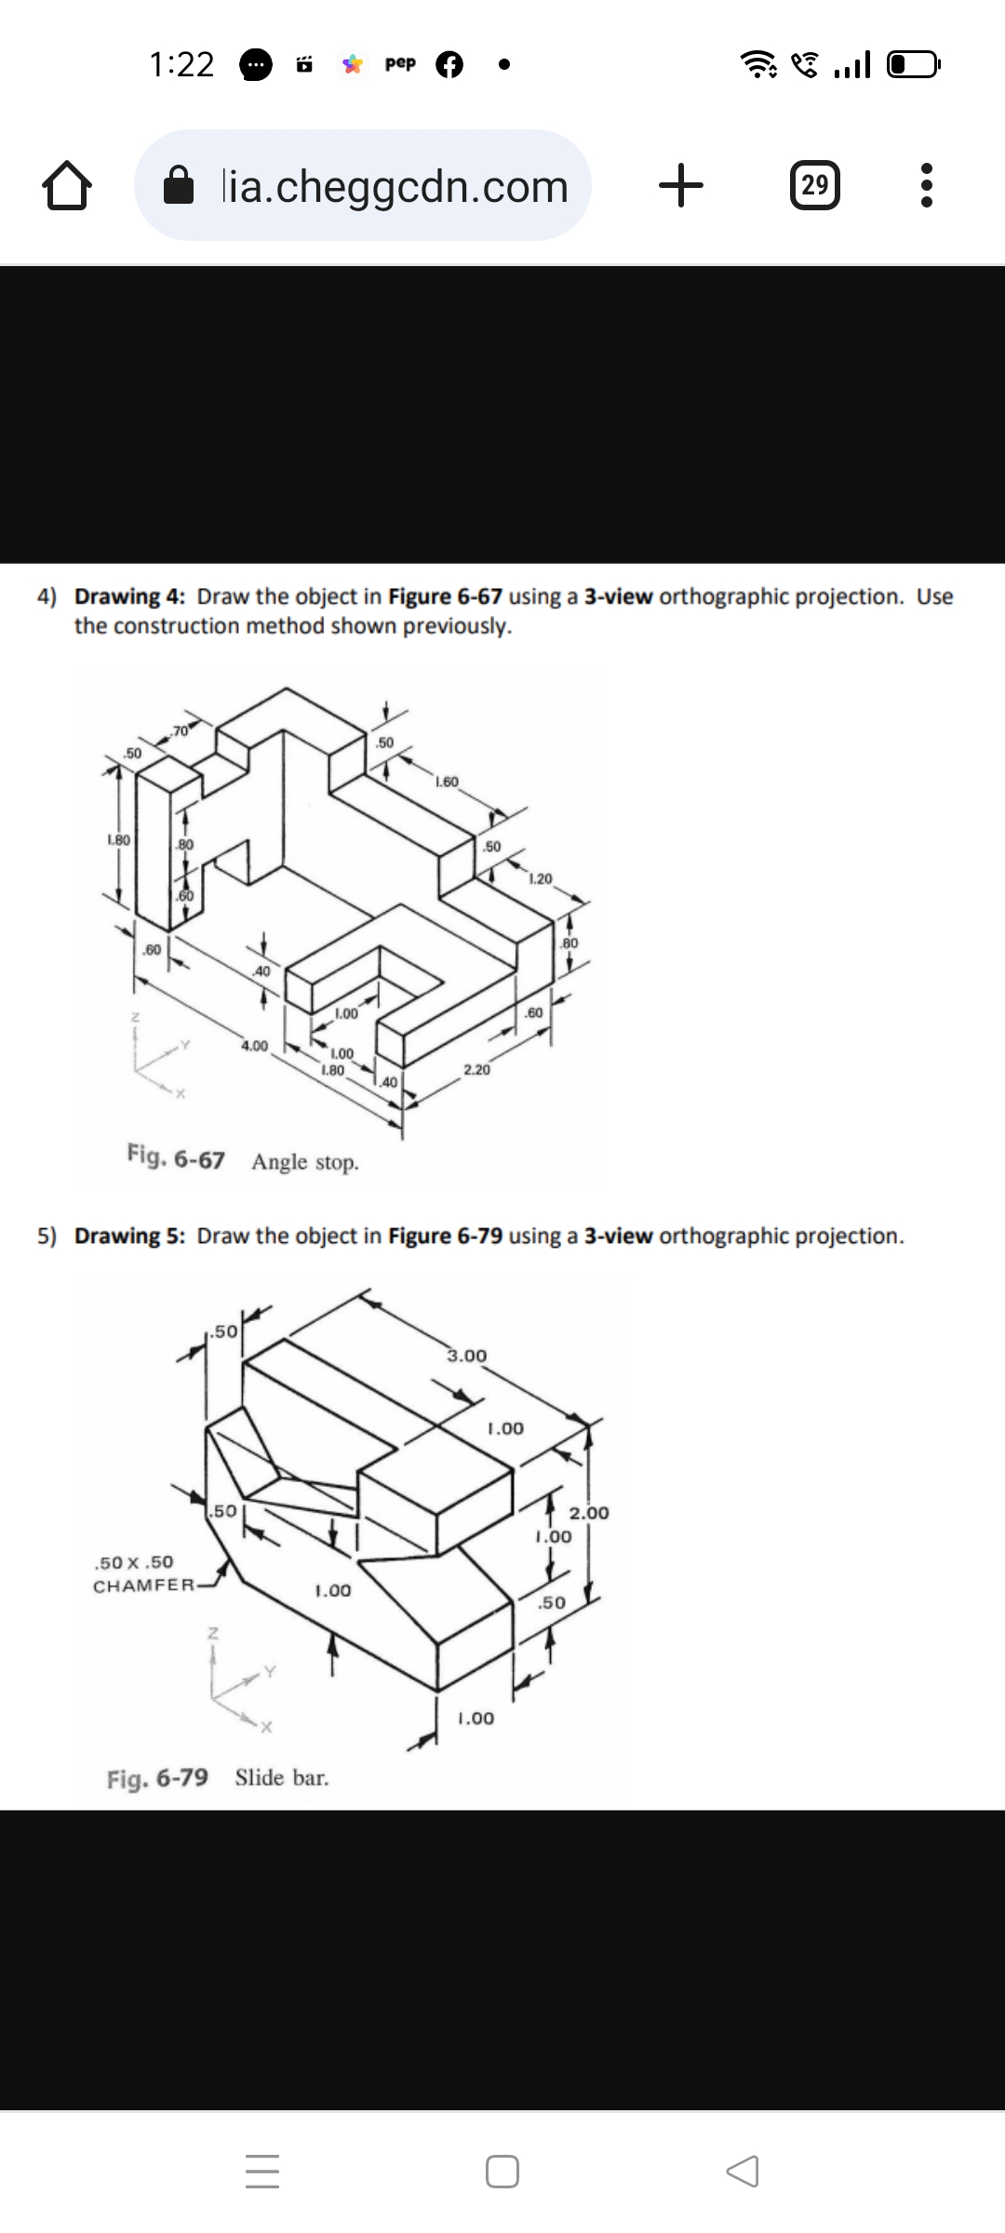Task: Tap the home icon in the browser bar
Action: [x=67, y=186]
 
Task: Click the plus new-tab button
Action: [x=681, y=185]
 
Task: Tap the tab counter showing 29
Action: [x=814, y=185]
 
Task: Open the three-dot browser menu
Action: [x=925, y=186]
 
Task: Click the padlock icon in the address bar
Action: [x=180, y=186]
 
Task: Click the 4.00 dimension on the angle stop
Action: [x=254, y=1046]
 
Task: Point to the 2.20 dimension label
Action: [x=476, y=1070]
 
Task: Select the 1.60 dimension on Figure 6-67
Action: [x=447, y=782]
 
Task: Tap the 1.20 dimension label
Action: [x=540, y=878]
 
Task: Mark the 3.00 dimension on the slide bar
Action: [x=466, y=1356]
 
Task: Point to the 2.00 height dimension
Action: [x=589, y=1512]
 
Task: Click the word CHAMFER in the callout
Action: [x=143, y=1585]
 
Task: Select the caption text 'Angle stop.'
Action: [x=305, y=1162]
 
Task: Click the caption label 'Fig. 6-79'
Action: [x=157, y=1778]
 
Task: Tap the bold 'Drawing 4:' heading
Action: [x=130, y=596]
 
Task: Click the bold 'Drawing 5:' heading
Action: [x=130, y=1236]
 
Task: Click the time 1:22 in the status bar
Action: [x=181, y=64]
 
